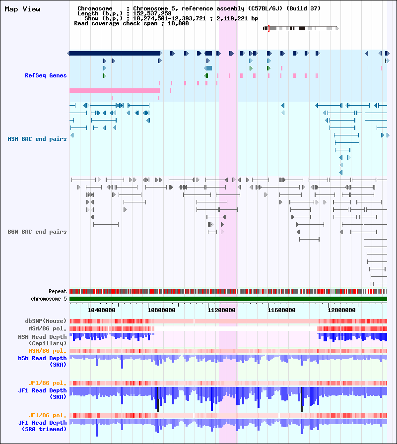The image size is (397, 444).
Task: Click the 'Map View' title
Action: (23, 9)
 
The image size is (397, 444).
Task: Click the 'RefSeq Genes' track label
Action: (46, 75)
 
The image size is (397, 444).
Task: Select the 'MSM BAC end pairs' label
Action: (37, 139)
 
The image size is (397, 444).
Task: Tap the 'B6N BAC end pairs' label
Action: (37, 232)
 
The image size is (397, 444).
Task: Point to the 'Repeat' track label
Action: (58, 291)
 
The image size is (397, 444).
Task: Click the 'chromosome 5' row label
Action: (49, 299)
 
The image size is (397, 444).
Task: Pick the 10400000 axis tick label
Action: (101, 311)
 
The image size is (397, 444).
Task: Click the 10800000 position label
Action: (161, 311)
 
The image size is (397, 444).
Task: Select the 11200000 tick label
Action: (221, 311)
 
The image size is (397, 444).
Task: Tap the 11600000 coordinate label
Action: (281, 311)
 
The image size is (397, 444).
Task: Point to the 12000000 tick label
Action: (341, 311)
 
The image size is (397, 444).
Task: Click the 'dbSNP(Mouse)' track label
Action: (46, 321)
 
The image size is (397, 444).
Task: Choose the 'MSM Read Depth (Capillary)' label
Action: (43, 340)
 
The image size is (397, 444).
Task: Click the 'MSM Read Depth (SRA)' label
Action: (43, 362)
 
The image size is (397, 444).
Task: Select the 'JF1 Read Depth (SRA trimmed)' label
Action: (43, 426)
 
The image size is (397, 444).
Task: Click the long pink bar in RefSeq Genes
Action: (115, 91)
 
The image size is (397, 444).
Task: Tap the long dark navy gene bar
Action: (115, 53)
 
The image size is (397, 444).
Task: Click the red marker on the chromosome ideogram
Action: (268, 28)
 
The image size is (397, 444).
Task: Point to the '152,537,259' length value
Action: (152, 13)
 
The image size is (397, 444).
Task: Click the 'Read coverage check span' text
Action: (116, 23)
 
